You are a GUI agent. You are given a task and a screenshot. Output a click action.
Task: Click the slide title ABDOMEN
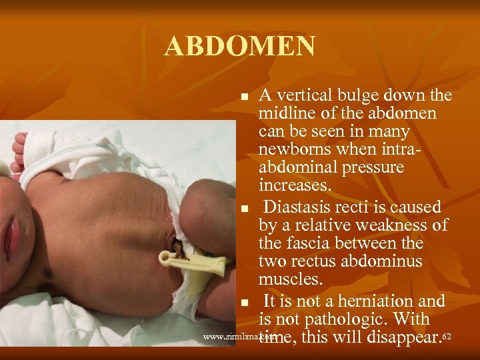240,46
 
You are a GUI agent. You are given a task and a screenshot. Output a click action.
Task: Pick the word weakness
395,225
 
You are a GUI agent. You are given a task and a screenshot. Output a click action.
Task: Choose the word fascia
313,244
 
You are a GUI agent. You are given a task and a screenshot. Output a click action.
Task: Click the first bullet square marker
245,97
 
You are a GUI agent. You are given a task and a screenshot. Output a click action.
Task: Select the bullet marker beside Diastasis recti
245,209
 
